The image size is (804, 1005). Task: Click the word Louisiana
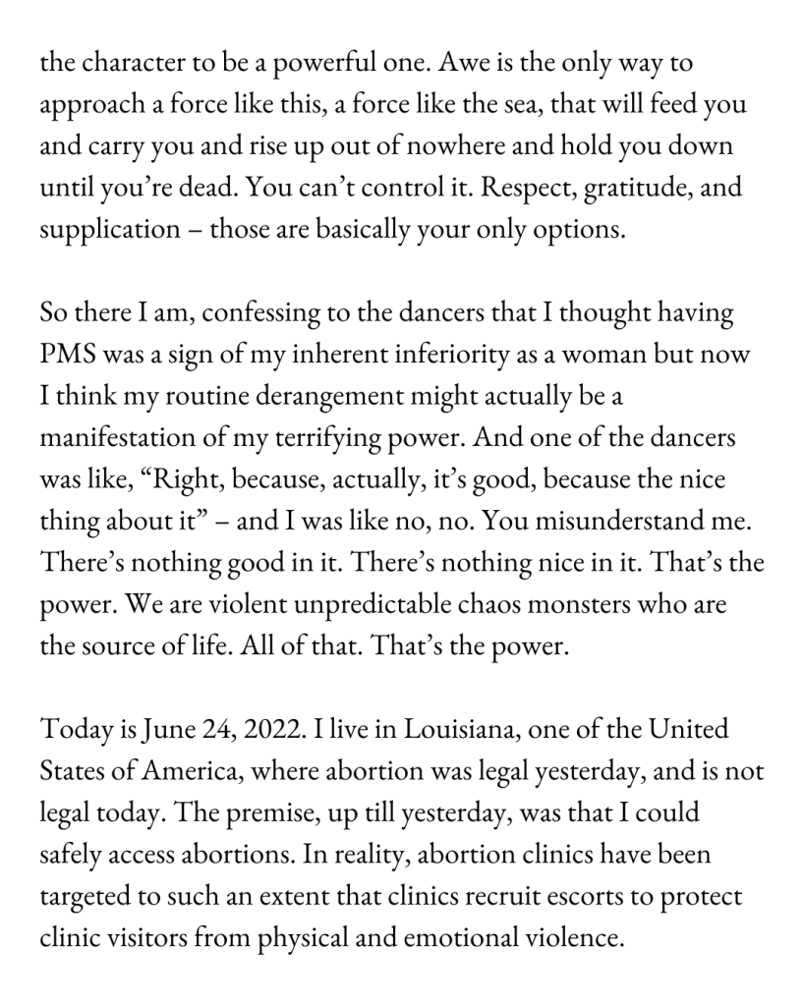point(452,731)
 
